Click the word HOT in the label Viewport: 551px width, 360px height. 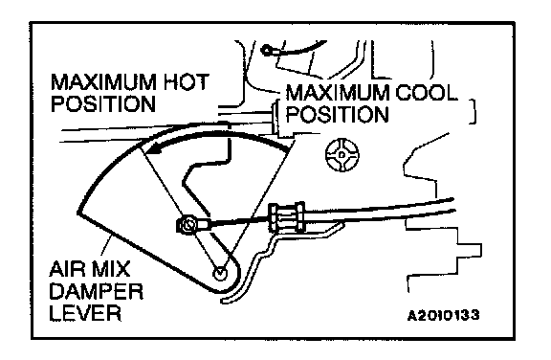[187, 82]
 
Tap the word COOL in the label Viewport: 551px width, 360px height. [427, 93]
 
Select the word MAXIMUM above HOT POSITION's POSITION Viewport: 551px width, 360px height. [103, 82]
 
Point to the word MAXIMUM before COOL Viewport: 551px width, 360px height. [338, 93]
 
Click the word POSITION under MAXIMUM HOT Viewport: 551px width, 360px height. [103, 103]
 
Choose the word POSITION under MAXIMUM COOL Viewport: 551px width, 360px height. [338, 114]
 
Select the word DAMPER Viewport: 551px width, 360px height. [97, 291]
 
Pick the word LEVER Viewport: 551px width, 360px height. [85, 312]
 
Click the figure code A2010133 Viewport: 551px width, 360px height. [444, 315]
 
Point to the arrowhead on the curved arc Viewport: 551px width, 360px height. [154, 149]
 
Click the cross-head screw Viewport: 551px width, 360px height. [342, 155]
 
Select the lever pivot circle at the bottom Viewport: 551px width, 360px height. [220, 273]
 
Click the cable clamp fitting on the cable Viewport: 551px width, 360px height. [286, 217]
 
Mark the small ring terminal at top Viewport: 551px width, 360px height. [267, 51]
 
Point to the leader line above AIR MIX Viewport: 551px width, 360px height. [106, 246]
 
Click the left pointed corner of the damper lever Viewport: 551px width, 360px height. [77, 213]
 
